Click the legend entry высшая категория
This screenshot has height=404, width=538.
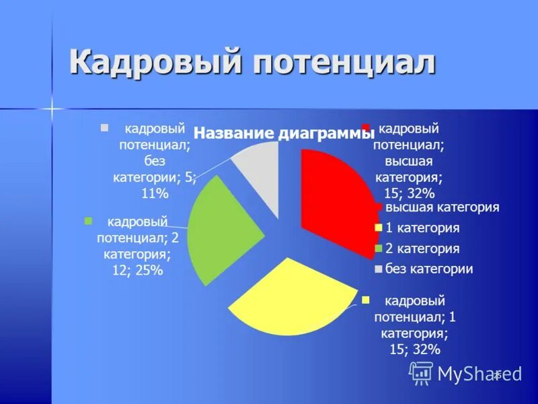click(442, 207)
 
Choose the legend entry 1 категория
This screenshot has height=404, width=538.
click(422, 228)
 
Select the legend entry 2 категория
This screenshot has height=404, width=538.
click(422, 248)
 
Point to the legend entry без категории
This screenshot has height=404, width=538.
click(429, 269)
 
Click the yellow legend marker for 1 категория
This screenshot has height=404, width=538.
click(378, 228)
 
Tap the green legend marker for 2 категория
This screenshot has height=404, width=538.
click(378, 249)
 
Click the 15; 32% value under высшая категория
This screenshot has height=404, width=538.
click(409, 193)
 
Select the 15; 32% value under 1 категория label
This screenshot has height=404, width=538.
click(414, 349)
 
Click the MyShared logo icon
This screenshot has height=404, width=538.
click(422, 372)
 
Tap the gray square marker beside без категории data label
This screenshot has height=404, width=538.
click(104, 127)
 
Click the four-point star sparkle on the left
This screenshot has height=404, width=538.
click(51, 108)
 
